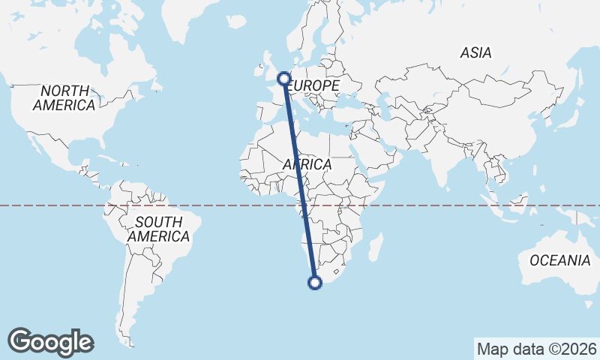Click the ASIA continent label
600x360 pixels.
click(x=476, y=53)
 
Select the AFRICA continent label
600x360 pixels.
click(x=307, y=164)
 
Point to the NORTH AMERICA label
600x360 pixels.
click(x=64, y=98)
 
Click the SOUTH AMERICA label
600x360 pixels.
click(x=158, y=229)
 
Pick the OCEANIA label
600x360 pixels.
click(x=560, y=260)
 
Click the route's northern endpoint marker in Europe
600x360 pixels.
click(x=284, y=78)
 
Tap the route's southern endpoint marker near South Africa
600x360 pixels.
click(x=315, y=283)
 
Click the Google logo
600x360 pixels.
click(x=50, y=341)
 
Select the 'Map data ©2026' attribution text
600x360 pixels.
click(x=536, y=349)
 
